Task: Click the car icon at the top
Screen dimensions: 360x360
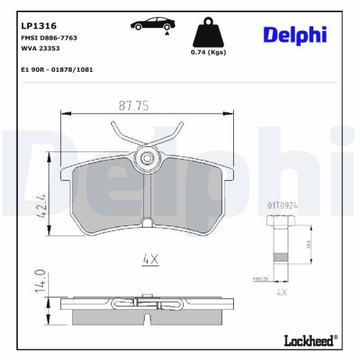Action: pos(150,25)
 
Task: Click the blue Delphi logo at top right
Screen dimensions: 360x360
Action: pos(294,34)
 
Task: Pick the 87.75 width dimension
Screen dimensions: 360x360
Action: pos(133,105)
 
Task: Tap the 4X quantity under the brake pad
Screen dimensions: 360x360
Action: pos(150,259)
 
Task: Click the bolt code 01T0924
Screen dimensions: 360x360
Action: pos(284,204)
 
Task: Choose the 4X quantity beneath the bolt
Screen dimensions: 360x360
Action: pos(282,293)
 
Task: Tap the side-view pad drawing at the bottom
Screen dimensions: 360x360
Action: pos(148,307)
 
